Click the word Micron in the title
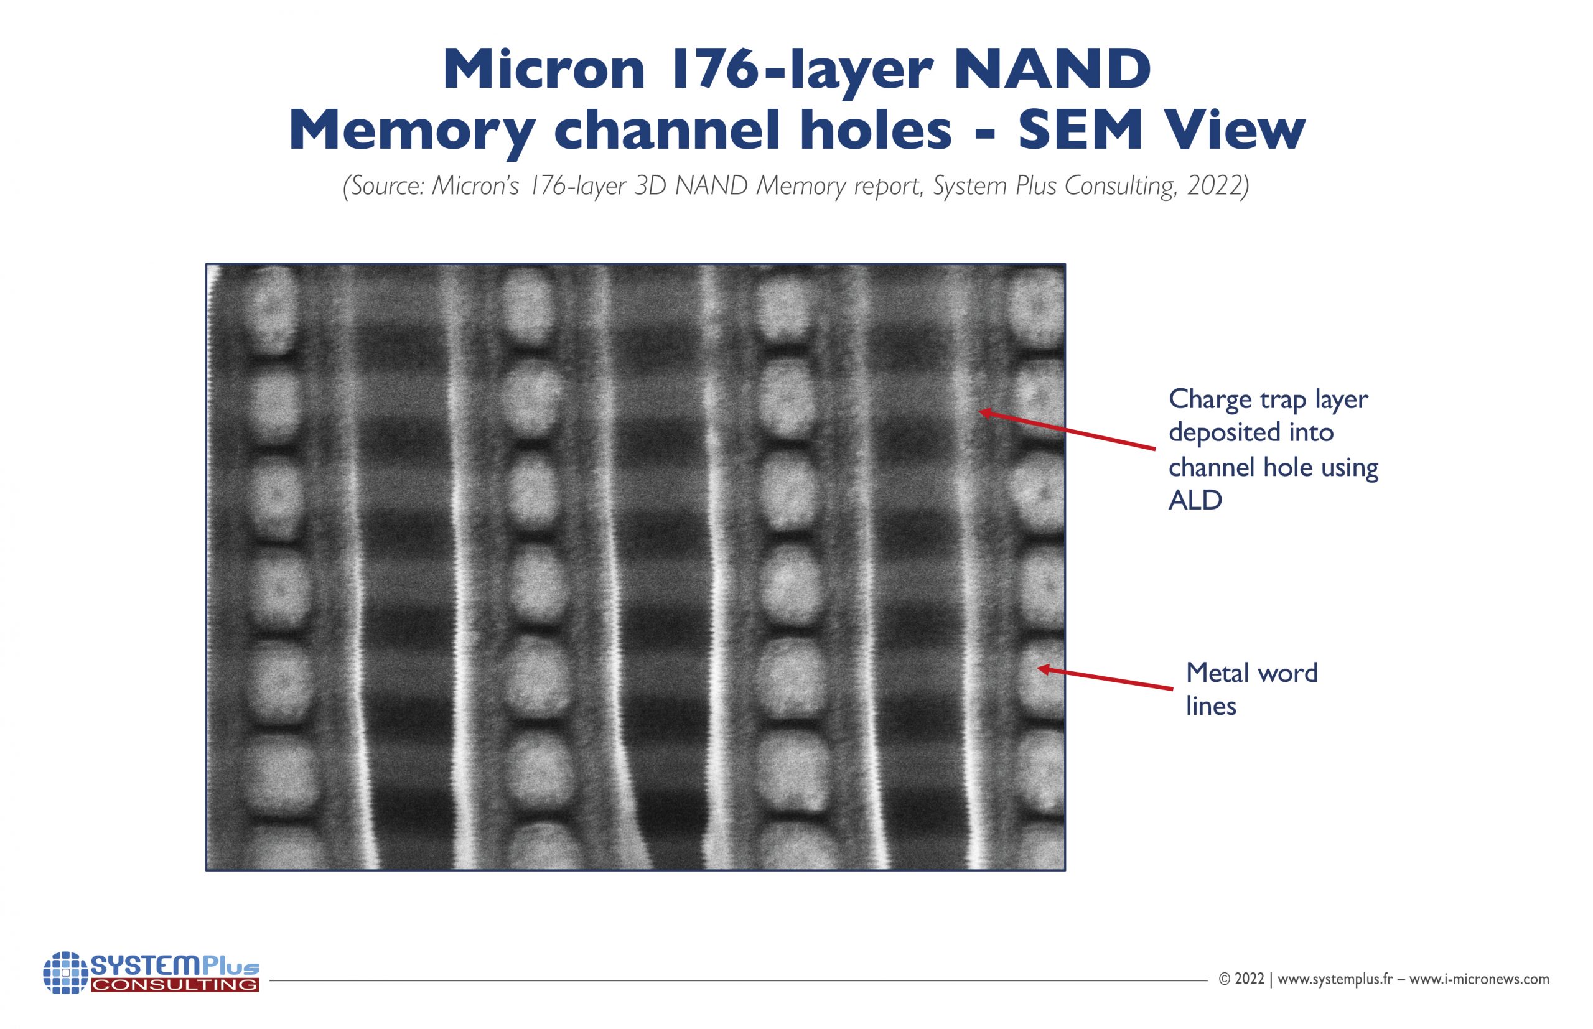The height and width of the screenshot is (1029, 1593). (x=544, y=70)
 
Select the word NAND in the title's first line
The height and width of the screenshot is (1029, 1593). (x=1052, y=70)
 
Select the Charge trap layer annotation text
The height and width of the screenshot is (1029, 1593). (x=1268, y=399)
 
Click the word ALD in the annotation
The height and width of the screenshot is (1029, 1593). (x=1195, y=500)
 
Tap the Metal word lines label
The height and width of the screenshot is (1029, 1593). (x=1251, y=689)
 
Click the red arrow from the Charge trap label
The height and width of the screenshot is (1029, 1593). (x=1067, y=431)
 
